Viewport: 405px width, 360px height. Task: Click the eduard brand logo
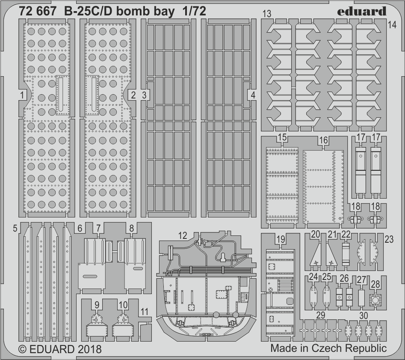(361, 12)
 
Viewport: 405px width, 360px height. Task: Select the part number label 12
(183, 235)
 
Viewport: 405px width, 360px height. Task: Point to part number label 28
(375, 283)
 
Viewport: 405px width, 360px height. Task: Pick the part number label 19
(281, 240)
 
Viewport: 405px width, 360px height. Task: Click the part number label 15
(281, 138)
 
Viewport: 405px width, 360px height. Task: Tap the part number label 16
(323, 140)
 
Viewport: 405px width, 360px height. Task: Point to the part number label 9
(98, 305)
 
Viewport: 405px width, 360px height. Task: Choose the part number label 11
(145, 311)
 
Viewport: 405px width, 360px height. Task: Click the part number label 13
(266, 14)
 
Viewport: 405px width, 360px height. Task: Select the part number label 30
(364, 315)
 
